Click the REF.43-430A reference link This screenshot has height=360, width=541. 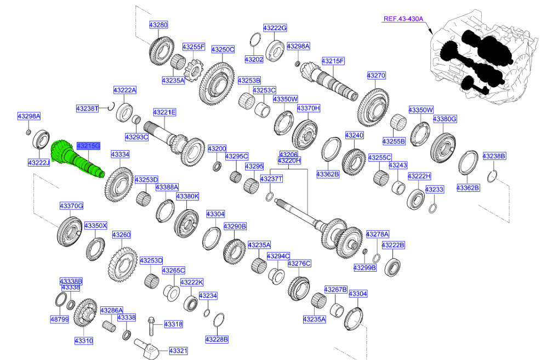click(x=403, y=19)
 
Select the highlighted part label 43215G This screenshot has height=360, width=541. click(x=88, y=146)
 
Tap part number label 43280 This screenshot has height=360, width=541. click(x=159, y=25)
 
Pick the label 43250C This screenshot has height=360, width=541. click(x=223, y=49)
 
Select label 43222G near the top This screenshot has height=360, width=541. click(x=275, y=27)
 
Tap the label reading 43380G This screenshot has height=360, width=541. click(x=445, y=119)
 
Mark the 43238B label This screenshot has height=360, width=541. click(x=494, y=156)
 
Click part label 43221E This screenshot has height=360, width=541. click(x=164, y=112)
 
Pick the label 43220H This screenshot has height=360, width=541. click(x=289, y=161)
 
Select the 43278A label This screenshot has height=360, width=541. click(x=377, y=233)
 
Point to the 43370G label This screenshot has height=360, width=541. click(x=71, y=205)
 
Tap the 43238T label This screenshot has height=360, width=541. click(x=87, y=108)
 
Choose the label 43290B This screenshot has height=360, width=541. click(x=236, y=226)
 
